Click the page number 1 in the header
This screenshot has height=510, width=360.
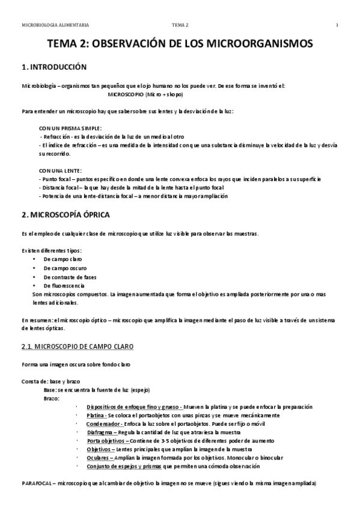click(x=337, y=25)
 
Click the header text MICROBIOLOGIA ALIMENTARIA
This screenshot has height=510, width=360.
click(x=55, y=25)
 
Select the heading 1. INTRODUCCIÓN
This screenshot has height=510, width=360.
click(x=54, y=67)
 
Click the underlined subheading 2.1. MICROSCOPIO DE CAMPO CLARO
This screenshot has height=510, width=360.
click(x=78, y=347)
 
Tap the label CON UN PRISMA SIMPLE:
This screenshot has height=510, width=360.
click(x=70, y=128)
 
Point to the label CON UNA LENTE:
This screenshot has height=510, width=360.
click(x=60, y=171)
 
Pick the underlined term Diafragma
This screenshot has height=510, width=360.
click(x=100, y=432)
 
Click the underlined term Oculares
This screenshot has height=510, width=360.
click(x=99, y=458)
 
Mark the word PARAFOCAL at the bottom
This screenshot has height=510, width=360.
click(x=37, y=483)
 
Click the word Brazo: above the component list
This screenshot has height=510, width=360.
click(x=51, y=398)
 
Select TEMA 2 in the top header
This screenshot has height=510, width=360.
click(x=180, y=25)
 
